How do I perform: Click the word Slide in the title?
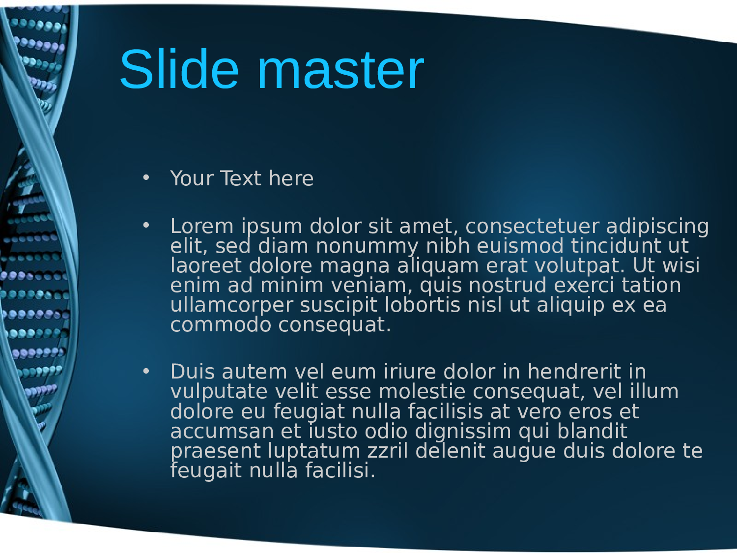pos(179,69)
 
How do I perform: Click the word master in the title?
pos(340,71)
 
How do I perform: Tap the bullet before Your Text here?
pos(146,177)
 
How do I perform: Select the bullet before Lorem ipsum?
pos(146,225)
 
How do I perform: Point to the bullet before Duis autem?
pos(146,371)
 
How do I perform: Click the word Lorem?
pos(202,226)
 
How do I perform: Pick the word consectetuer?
pos(532,226)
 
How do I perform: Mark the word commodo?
pos(221,325)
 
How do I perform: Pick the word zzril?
pos(388,450)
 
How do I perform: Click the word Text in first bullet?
pos(241,178)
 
